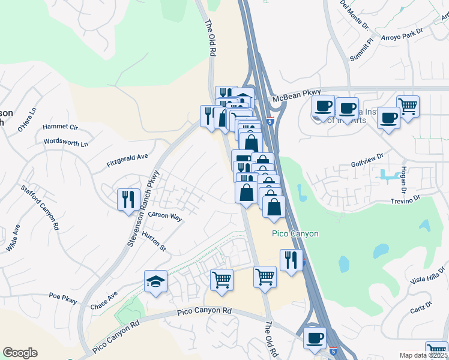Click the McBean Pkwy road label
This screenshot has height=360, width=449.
click(x=295, y=98)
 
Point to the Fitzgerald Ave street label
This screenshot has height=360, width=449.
click(x=127, y=159)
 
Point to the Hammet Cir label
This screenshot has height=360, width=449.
click(x=61, y=127)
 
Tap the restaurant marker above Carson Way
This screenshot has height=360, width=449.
click(x=128, y=199)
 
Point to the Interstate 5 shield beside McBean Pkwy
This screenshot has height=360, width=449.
click(x=271, y=121)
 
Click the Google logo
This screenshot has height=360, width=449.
click(x=20, y=353)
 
